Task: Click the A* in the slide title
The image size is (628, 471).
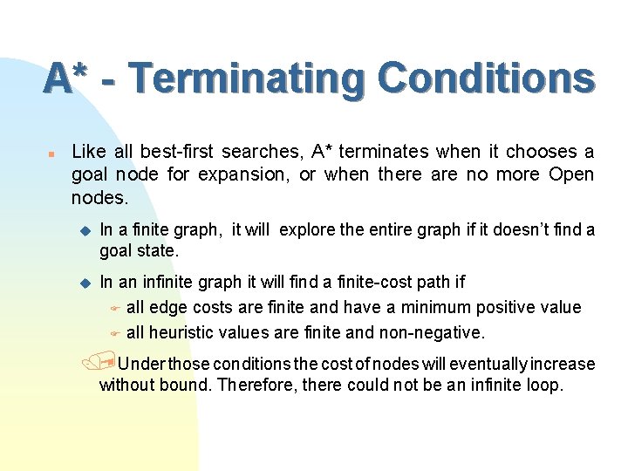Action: click(68, 78)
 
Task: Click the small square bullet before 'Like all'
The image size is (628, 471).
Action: click(51, 152)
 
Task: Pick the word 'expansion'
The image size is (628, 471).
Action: click(244, 174)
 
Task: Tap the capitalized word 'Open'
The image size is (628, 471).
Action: click(571, 174)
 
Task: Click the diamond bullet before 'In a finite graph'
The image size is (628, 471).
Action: click(85, 230)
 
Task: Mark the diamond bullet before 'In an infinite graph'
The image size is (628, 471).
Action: click(85, 282)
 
